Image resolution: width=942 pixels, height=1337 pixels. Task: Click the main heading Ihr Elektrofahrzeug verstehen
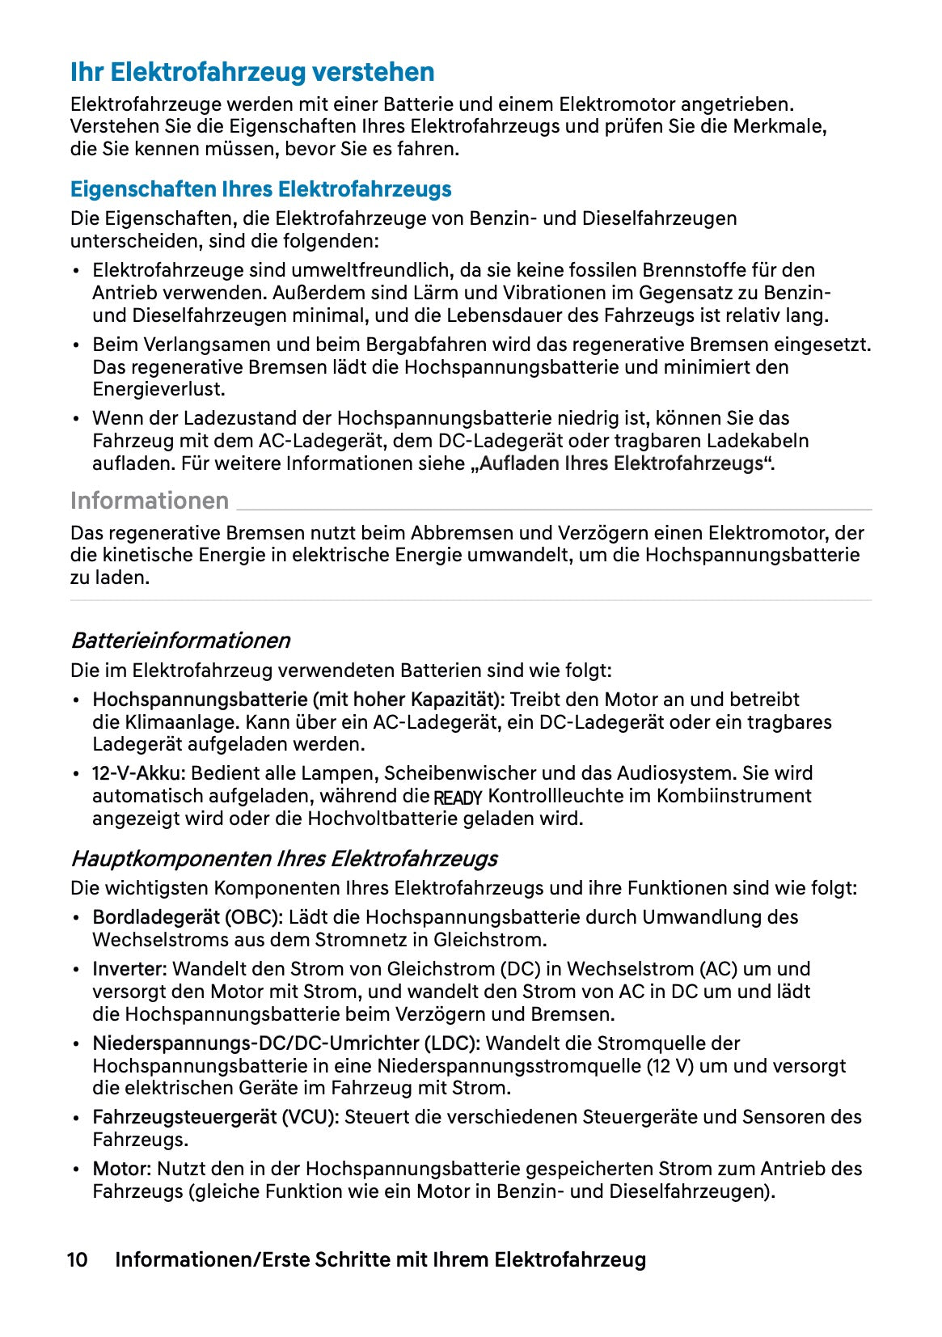tap(252, 72)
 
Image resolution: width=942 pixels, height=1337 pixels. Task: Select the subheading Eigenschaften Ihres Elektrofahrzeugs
tap(260, 189)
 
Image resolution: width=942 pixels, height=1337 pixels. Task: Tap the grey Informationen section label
tap(150, 501)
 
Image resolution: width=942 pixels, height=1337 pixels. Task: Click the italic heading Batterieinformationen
tap(180, 641)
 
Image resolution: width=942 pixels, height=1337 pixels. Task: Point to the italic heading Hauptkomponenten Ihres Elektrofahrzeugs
tap(284, 858)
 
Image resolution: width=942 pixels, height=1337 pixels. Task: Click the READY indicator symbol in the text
tap(458, 798)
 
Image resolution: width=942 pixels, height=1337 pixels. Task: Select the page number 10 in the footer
tap(77, 1259)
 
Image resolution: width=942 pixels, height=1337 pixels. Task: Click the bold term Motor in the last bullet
tap(121, 1169)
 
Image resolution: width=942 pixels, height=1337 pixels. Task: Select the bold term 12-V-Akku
tap(138, 773)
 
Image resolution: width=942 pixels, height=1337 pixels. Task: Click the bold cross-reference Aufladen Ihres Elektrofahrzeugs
tap(621, 463)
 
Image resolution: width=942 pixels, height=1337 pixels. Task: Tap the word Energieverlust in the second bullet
tap(158, 389)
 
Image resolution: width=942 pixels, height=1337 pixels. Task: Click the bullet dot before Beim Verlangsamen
tap(76, 346)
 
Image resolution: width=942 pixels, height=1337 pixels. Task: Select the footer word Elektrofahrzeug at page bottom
tap(570, 1259)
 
